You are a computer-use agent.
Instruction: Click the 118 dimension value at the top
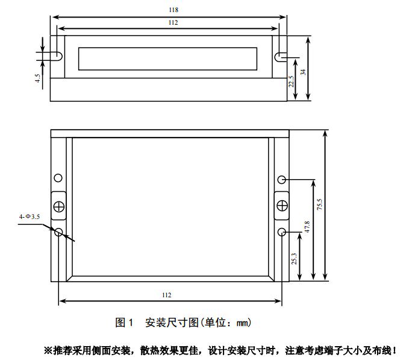(175, 10)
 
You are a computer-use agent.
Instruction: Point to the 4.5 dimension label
(37, 78)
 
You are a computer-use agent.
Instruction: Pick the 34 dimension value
(303, 72)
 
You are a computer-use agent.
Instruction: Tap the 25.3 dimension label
(294, 259)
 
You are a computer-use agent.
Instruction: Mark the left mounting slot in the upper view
(58, 56)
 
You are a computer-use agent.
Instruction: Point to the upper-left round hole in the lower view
(58, 178)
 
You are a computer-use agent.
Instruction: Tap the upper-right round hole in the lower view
(282, 179)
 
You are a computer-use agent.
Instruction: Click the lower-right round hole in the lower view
(282, 232)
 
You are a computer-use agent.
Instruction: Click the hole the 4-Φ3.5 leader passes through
(58, 232)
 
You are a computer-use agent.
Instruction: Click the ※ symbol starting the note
(48, 350)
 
